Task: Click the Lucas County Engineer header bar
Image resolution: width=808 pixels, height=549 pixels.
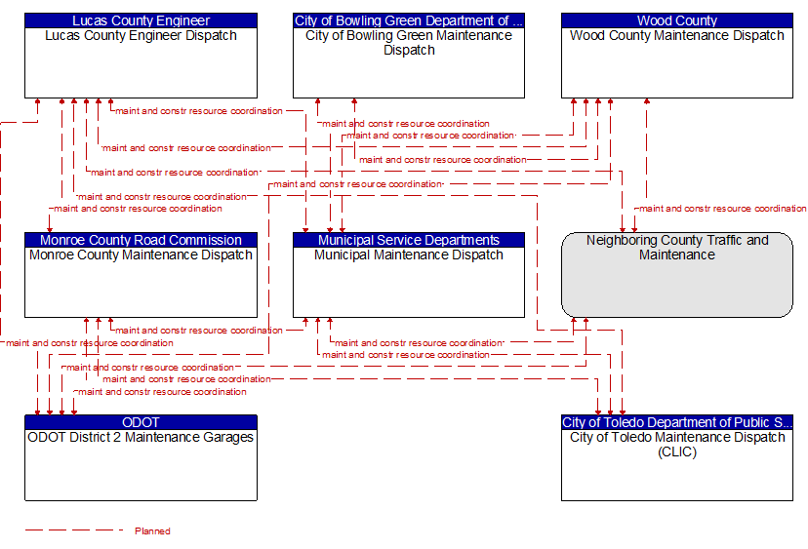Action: click(x=141, y=20)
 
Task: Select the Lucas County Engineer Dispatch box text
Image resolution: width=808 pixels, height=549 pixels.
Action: click(x=141, y=36)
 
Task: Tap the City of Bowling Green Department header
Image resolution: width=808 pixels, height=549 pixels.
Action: click(x=409, y=20)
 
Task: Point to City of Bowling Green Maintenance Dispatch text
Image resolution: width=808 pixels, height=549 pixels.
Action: click(x=409, y=43)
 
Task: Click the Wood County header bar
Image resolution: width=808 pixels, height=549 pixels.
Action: click(x=676, y=20)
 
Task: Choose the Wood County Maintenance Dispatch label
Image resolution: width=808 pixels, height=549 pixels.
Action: click(x=676, y=36)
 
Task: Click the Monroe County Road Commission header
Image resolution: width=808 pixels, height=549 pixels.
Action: click(x=141, y=240)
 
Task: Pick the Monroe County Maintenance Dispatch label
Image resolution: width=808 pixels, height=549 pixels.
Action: click(x=141, y=255)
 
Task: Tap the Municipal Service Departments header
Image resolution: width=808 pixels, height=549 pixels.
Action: click(x=409, y=240)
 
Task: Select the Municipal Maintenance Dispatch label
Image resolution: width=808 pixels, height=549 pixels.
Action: click(x=409, y=255)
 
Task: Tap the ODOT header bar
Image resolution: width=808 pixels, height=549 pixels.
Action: click(x=141, y=422)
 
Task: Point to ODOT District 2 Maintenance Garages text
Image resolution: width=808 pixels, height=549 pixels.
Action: click(x=141, y=438)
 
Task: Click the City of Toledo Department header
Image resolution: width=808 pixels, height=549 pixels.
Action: click(x=676, y=422)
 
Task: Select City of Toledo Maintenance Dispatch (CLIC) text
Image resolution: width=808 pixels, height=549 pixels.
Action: click(x=676, y=445)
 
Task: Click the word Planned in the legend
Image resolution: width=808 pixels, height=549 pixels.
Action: click(x=152, y=531)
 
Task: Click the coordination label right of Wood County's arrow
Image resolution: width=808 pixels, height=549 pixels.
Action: click(x=722, y=208)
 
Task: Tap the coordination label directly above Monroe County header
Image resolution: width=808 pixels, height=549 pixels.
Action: click(x=138, y=208)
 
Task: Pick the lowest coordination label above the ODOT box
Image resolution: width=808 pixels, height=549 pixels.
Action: click(x=162, y=392)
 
